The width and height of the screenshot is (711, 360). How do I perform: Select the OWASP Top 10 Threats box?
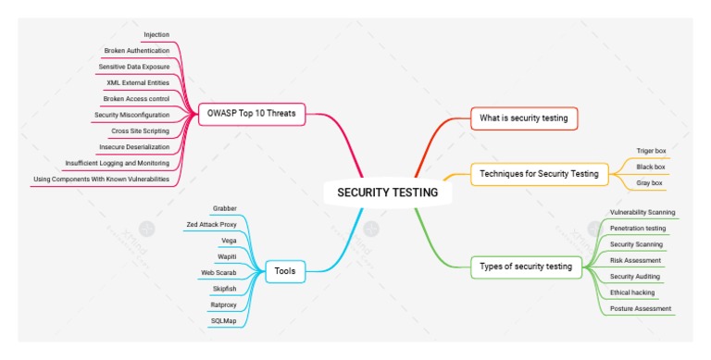pyautogui.click(x=250, y=114)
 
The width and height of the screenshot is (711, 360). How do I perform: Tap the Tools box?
pyautogui.click(x=284, y=271)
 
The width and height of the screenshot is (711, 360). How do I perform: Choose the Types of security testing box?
pyautogui.click(x=526, y=267)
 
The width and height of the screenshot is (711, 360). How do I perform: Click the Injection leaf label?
pyautogui.click(x=156, y=34)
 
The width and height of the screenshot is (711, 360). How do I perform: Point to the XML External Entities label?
pyautogui.click(x=138, y=82)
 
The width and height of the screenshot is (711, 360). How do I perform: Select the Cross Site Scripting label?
pyautogui.click(x=140, y=130)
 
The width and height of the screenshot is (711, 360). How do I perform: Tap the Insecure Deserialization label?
pyautogui.click(x=134, y=146)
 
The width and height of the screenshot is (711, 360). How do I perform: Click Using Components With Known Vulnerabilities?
pyautogui.click(x=101, y=179)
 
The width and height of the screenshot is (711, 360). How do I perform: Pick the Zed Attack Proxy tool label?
pyautogui.click(x=211, y=224)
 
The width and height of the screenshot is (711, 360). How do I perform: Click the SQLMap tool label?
pyautogui.click(x=223, y=320)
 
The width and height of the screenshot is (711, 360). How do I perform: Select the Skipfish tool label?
pyautogui.click(x=225, y=288)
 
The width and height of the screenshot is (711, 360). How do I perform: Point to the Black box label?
pyautogui.click(x=651, y=167)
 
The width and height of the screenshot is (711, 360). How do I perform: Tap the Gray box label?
pyautogui.click(x=649, y=183)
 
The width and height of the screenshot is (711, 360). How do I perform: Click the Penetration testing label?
pyautogui.click(x=638, y=228)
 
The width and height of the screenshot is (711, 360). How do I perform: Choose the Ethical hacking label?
pyautogui.click(x=633, y=292)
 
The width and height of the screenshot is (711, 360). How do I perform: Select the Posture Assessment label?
pyautogui.click(x=641, y=308)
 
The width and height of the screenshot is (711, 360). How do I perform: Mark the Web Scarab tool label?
pyautogui.click(x=219, y=272)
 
